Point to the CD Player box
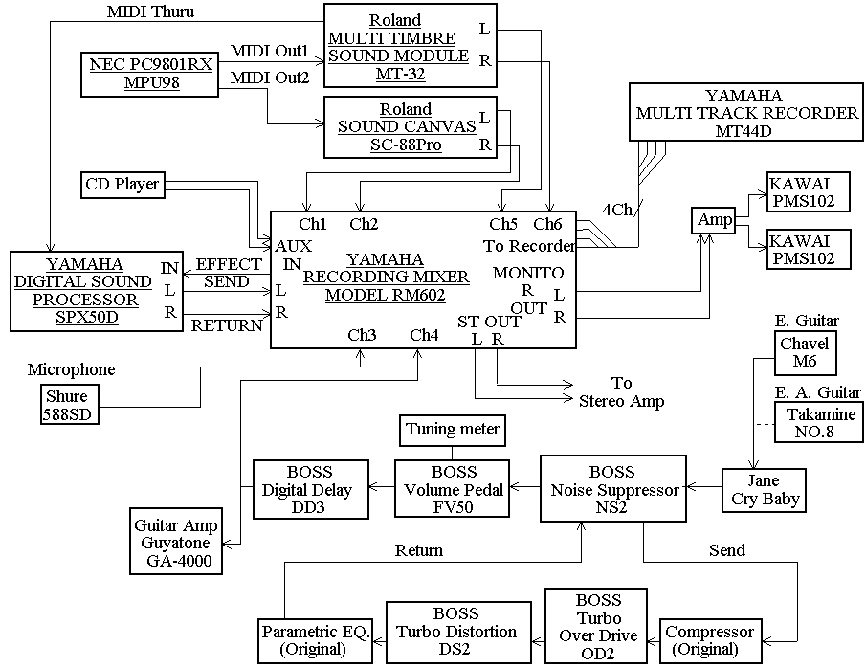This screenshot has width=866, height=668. point(122,184)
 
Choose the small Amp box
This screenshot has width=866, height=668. point(715,220)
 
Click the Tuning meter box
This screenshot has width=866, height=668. point(452,430)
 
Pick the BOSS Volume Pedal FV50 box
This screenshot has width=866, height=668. point(453,490)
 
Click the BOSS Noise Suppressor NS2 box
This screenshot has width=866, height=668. point(614,490)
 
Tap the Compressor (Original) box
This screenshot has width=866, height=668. point(709,640)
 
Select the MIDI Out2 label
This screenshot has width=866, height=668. point(270,78)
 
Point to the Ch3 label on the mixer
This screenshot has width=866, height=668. point(361,335)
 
